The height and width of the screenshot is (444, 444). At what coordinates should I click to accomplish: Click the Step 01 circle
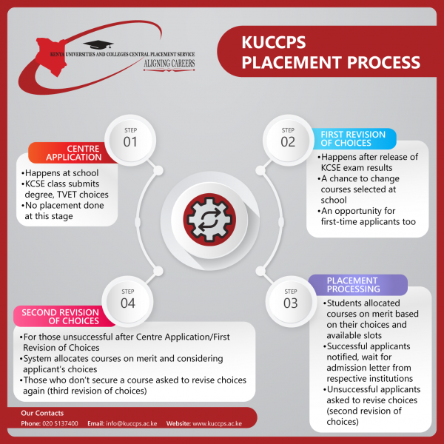coord(130,140)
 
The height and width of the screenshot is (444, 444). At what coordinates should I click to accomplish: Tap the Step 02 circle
coord(288,140)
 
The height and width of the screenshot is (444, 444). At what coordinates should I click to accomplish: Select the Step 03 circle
coord(291,302)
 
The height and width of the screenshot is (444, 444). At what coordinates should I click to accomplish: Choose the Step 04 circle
coord(128,302)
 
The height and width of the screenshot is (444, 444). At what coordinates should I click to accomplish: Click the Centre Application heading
coord(73,153)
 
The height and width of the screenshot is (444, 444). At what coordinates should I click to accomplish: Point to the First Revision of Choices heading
coord(353,138)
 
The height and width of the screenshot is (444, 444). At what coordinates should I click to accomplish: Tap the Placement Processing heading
coord(354,285)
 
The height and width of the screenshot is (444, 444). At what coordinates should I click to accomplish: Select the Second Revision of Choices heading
coord(61,317)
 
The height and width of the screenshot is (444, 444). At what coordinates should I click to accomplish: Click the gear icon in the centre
coord(209,220)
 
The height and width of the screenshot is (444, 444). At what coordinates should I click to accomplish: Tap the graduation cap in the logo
coord(98,44)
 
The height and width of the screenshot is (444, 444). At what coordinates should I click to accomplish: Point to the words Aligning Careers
coord(169,64)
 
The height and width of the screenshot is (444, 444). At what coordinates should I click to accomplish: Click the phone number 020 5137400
coord(60,423)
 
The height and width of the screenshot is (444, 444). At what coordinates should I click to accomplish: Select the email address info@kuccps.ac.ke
coord(132,423)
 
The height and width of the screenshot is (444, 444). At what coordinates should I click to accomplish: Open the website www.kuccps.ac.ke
coord(217,423)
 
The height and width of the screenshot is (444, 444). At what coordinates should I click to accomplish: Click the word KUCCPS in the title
coord(274,42)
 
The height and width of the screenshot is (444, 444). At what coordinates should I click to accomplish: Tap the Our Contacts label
coord(42,413)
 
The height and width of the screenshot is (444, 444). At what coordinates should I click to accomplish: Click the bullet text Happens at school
coord(61,172)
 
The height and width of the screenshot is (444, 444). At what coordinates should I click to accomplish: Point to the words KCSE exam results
coord(357,168)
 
